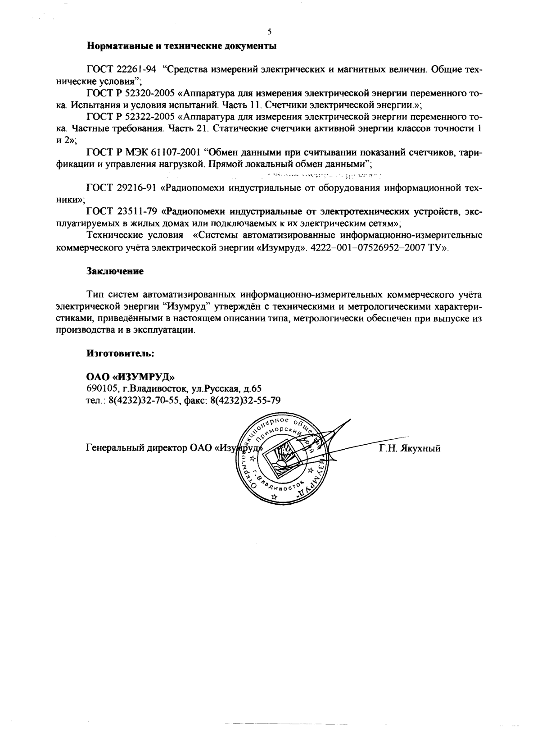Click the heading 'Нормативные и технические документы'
pos(181,46)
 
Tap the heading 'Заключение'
pos(114,271)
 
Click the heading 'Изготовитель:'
pos(120,354)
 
